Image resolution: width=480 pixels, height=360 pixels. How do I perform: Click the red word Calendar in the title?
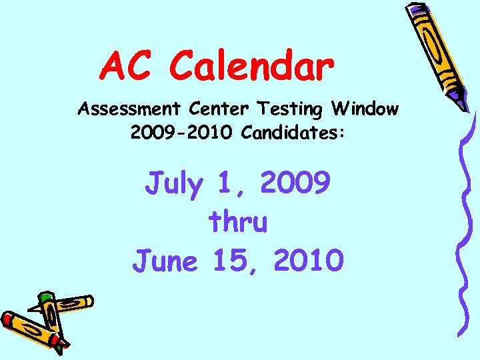251,67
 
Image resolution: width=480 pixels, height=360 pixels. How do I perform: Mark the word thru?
238,221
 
